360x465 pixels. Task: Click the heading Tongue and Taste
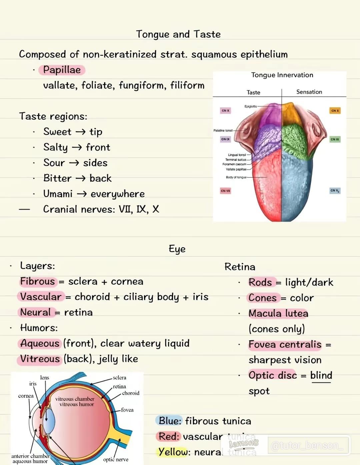pyautogui.click(x=178, y=34)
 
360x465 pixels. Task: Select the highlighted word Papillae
pyautogui.click(x=62, y=70)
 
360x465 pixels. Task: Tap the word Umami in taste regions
pyautogui.click(x=58, y=194)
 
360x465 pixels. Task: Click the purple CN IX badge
pyautogui.click(x=225, y=139)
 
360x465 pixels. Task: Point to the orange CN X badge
pyautogui.click(x=335, y=111)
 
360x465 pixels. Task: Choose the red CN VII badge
pyautogui.click(x=225, y=191)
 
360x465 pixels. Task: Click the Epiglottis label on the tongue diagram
pyautogui.click(x=251, y=107)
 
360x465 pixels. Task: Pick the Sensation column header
pyautogui.click(x=309, y=92)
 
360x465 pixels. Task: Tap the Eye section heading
pyautogui.click(x=177, y=249)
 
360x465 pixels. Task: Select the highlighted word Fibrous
pyautogui.click(x=37, y=281)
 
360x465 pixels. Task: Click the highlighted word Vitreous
pyautogui.click(x=40, y=359)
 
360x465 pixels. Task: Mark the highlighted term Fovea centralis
pyautogui.click(x=285, y=344)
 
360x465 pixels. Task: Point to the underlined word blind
pyautogui.click(x=321, y=375)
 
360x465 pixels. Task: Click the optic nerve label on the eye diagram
pyautogui.click(x=116, y=460)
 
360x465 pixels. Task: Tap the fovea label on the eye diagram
pyautogui.click(x=127, y=410)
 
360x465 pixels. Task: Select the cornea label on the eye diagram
pyautogui.click(x=26, y=396)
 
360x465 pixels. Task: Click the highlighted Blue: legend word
pyautogui.click(x=170, y=421)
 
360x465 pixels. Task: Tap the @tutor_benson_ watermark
pyautogui.click(x=307, y=446)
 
